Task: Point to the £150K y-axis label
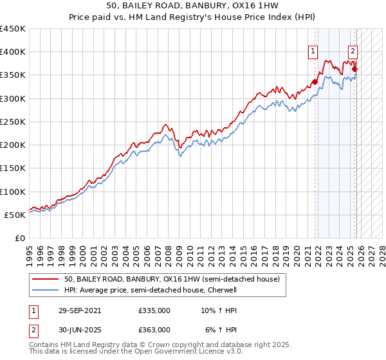(x=13, y=168)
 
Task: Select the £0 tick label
(x=20, y=238)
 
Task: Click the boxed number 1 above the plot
(x=313, y=53)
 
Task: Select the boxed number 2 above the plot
(x=354, y=53)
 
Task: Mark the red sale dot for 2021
(x=315, y=82)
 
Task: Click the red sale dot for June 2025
(x=355, y=69)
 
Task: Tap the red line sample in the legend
(x=46, y=280)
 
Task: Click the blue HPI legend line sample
(x=46, y=291)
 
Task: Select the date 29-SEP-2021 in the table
(x=79, y=310)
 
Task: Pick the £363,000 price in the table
(x=154, y=330)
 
